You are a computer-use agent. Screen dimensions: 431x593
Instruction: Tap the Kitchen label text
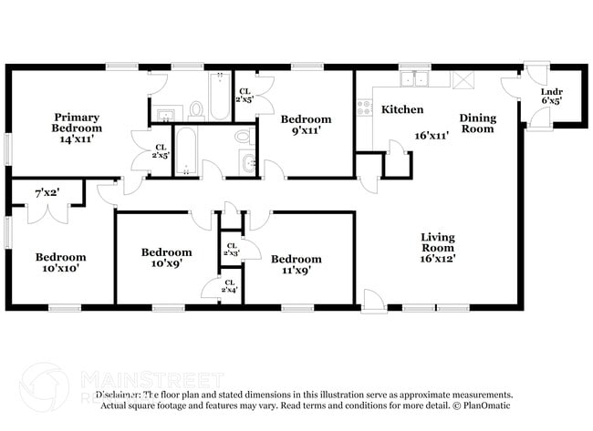pyautogui.click(x=401, y=109)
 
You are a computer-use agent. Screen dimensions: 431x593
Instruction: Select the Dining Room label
pyautogui.click(x=476, y=123)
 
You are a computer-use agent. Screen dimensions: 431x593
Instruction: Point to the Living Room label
pyautogui.click(x=438, y=247)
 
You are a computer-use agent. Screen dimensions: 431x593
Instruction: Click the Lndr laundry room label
pyautogui.click(x=551, y=96)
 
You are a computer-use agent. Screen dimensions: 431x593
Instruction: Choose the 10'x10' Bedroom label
pyautogui.click(x=62, y=263)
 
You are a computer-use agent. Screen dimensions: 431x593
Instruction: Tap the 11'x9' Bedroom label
pyautogui.click(x=296, y=264)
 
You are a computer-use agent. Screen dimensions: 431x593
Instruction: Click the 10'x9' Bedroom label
pyautogui.click(x=166, y=258)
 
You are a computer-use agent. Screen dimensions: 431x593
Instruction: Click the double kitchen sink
pyautogui.click(x=421, y=80)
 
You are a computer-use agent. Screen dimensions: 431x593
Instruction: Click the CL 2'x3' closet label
pyautogui.click(x=232, y=249)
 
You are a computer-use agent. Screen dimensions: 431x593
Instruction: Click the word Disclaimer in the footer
pyautogui.click(x=120, y=395)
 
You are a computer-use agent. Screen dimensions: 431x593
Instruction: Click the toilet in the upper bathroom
pyautogui.click(x=196, y=111)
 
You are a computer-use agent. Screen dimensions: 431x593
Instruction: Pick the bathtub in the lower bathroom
pyautogui.click(x=186, y=150)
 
